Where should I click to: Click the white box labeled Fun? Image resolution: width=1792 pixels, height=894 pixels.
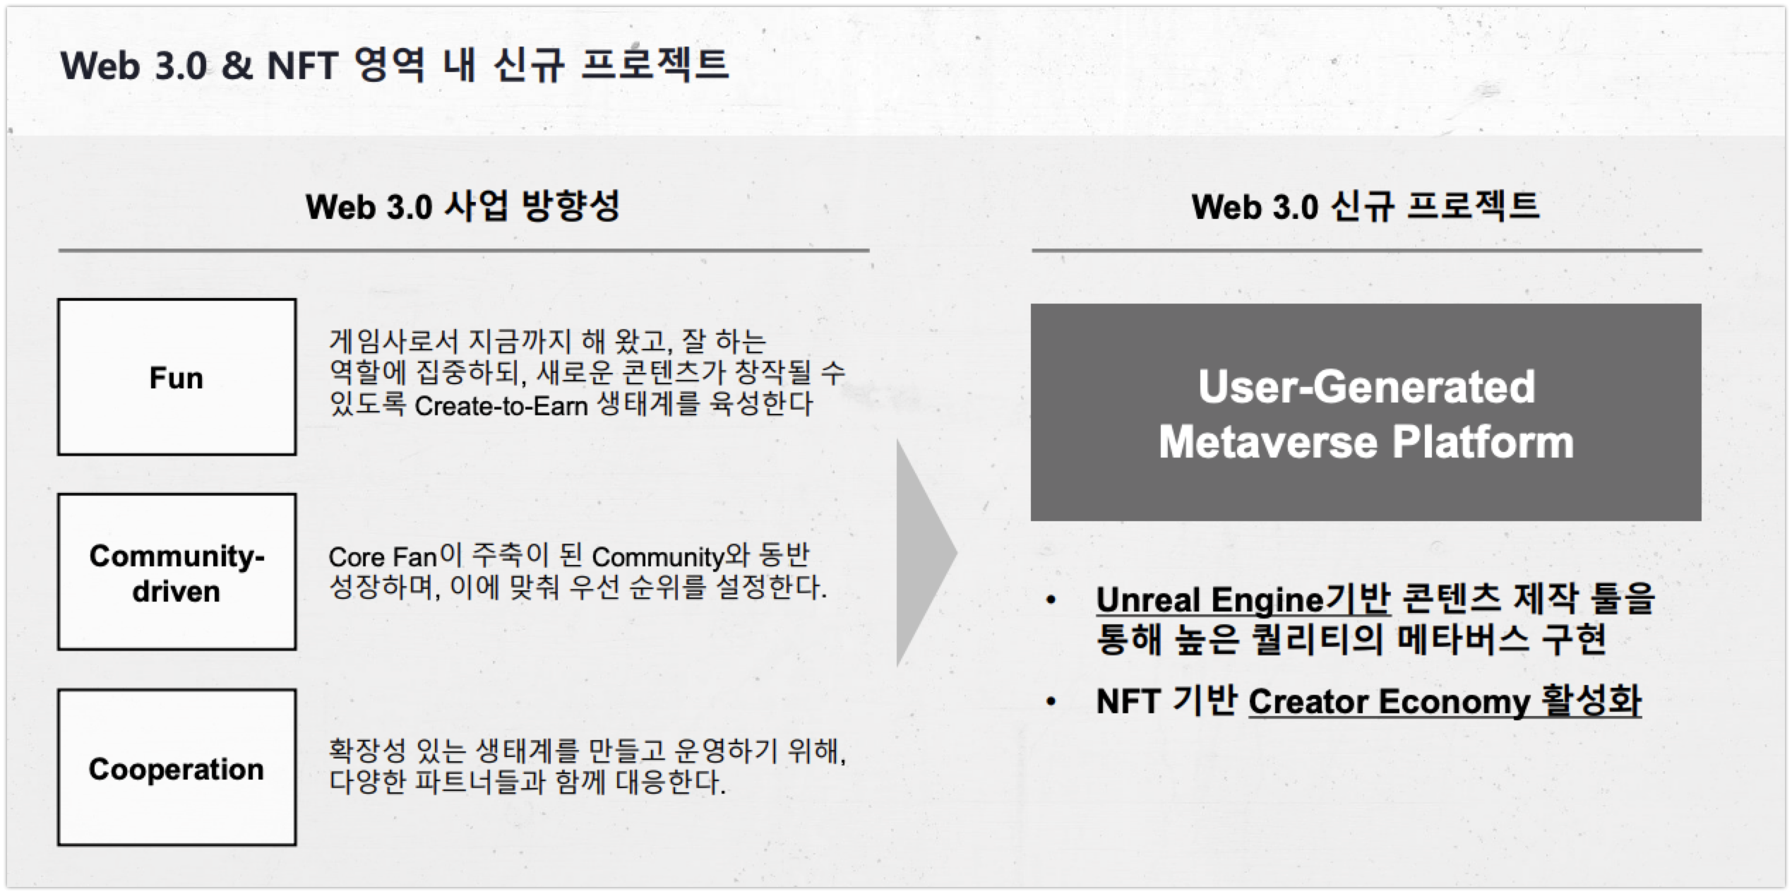click(177, 377)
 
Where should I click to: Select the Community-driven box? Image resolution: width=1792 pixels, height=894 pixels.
click(177, 572)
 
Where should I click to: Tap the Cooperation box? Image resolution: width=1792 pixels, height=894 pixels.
click(177, 768)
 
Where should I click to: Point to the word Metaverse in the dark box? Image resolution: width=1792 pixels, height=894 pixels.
click(1268, 442)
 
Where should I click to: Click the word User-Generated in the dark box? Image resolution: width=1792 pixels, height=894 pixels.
click(1366, 387)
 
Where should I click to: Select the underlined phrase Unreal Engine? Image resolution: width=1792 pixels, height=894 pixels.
click(1209, 600)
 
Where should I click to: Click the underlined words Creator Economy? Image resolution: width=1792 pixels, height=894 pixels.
click(1390, 702)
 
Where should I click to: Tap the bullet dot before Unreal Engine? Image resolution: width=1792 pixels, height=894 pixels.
click(1051, 601)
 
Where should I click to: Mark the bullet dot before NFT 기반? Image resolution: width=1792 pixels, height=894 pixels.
click(1051, 702)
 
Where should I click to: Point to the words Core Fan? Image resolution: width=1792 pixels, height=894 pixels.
click(383, 557)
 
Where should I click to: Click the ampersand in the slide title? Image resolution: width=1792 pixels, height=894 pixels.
click(237, 66)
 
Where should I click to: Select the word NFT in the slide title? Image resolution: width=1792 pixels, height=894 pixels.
click(303, 66)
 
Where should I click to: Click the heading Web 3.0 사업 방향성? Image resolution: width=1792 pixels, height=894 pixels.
click(462, 207)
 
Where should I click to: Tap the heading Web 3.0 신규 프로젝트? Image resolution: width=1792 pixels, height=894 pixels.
click(1366, 207)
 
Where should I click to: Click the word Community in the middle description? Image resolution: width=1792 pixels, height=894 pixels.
click(658, 557)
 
